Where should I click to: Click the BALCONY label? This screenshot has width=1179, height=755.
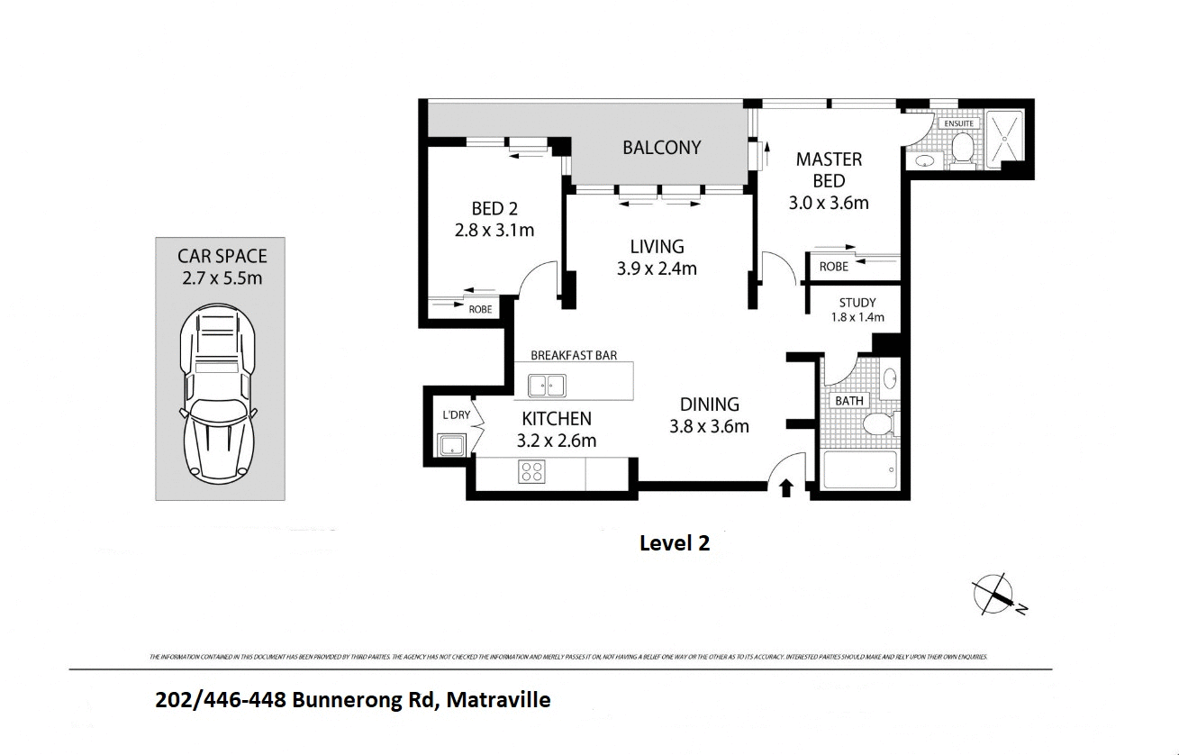(661, 148)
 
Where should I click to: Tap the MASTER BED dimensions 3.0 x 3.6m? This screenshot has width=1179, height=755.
(828, 203)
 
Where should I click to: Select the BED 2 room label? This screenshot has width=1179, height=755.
(494, 209)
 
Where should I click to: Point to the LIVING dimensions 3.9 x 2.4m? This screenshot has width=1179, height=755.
(657, 268)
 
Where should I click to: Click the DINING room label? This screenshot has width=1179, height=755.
(709, 405)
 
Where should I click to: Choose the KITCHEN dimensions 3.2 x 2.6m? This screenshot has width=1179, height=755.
(557, 441)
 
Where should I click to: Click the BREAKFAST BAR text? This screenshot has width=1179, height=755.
(574, 355)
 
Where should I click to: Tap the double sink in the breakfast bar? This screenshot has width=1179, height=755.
(546, 387)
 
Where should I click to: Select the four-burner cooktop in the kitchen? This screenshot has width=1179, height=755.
(531, 471)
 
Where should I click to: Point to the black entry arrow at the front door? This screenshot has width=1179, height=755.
(785, 487)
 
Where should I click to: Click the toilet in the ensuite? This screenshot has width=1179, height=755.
(962, 149)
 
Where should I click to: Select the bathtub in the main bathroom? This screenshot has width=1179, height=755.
(861, 469)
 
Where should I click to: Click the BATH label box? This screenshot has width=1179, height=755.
(848, 400)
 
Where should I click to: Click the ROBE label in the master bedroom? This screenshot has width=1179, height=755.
(833, 267)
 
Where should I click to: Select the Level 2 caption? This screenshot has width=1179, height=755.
(674, 543)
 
